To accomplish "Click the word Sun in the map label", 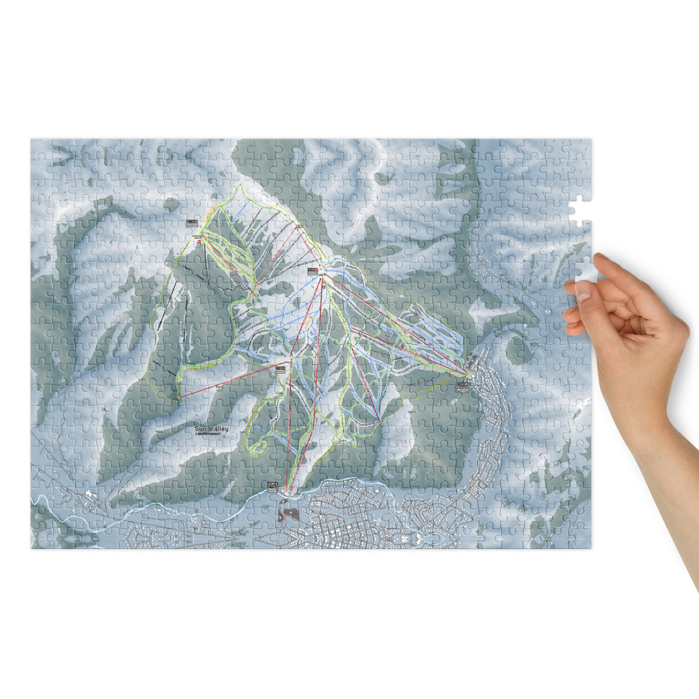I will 202,429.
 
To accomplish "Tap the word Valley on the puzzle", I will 219,429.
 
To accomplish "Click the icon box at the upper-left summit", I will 192,223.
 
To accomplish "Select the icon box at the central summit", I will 313,271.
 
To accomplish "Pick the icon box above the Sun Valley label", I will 281,368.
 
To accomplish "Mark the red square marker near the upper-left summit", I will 199,241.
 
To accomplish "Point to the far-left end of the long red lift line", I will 178,398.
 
